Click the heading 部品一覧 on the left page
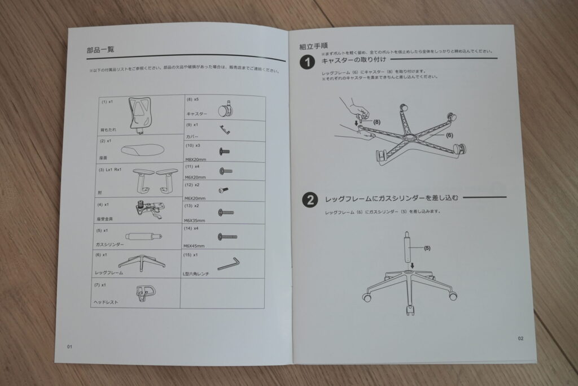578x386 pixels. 100,50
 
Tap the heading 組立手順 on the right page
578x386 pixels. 310,46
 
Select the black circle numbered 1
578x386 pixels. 308,62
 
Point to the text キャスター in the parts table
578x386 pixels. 196,114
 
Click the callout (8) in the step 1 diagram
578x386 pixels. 376,122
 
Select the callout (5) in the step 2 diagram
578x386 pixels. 427,248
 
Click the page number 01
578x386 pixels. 69,346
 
